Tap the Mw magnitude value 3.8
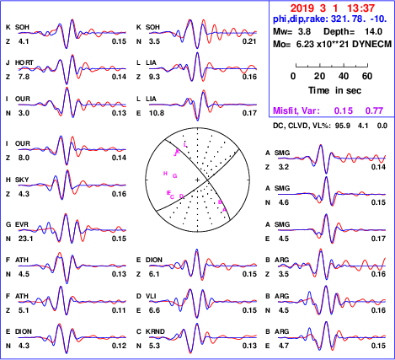pyautogui.click(x=304, y=31)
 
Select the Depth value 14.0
pyautogui.click(x=373, y=31)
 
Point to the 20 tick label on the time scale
pyautogui.click(x=320, y=76)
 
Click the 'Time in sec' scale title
pyautogui.click(x=335, y=90)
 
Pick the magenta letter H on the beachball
pyautogui.click(x=165, y=174)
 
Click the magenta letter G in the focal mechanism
pyautogui.click(x=175, y=176)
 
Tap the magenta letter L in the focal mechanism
pyautogui.click(x=184, y=145)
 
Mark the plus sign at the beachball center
pyautogui.click(x=197, y=180)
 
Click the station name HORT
pyautogui.click(x=24, y=62)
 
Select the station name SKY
pyautogui.click(x=22, y=180)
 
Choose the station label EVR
pyautogui.click(x=22, y=224)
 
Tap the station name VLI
pyautogui.click(x=151, y=296)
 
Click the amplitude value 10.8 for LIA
pyautogui.click(x=157, y=113)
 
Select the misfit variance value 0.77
pyautogui.click(x=374, y=110)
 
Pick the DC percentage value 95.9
pyautogui.click(x=343, y=126)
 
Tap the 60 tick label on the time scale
pyautogui.click(x=367, y=76)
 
